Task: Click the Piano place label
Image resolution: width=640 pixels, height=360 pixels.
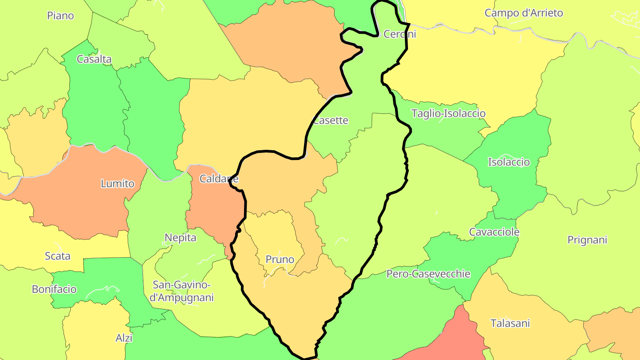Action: [x=60, y=16]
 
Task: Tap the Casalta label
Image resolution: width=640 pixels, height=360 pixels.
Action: [x=94, y=59]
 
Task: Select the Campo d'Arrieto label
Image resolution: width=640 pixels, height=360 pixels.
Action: [x=524, y=13]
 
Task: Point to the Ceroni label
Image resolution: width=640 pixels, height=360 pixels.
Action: [x=400, y=34]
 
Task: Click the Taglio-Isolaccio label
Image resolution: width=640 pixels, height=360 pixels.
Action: [x=448, y=113]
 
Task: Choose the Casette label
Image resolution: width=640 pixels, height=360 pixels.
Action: [x=331, y=120]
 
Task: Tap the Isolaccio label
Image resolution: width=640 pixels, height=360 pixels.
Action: [x=509, y=162]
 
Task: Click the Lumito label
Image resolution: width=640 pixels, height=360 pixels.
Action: [x=118, y=184]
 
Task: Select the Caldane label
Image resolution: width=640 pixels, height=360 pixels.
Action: [x=219, y=179]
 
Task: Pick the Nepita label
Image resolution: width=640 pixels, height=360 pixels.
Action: [x=180, y=238]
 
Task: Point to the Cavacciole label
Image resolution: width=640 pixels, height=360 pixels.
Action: [x=494, y=232]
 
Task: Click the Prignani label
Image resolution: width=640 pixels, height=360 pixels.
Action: [x=587, y=240]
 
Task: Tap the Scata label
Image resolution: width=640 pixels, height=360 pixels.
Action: [x=58, y=256]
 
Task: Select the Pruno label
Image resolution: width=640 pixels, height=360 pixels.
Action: [x=280, y=259]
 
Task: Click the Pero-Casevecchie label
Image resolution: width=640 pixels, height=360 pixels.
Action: [x=428, y=274]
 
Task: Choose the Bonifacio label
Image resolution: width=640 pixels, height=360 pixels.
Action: [x=54, y=289]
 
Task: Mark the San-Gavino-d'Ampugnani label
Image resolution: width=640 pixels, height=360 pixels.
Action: [x=182, y=291]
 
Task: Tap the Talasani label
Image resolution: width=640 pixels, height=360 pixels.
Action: [x=510, y=323]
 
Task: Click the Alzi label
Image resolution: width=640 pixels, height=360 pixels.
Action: [x=124, y=338]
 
